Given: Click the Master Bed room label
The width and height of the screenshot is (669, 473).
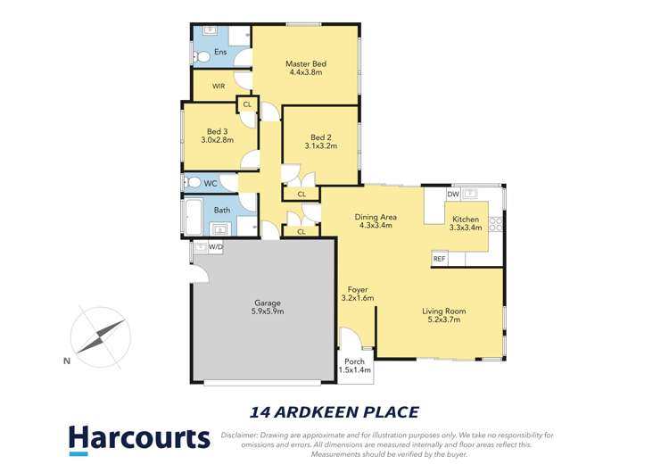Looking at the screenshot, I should coord(306,64).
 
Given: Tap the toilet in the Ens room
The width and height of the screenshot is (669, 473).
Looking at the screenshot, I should coord(202,56).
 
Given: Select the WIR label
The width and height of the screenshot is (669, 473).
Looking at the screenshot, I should coord(218,87).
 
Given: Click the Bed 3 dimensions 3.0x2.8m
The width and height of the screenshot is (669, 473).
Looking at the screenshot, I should coord(219,140).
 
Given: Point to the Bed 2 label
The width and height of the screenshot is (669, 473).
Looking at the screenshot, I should coord(321,136).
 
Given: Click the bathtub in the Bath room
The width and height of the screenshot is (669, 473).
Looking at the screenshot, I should coord(194,217).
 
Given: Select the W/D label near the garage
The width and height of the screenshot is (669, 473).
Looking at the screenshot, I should coord(216,247).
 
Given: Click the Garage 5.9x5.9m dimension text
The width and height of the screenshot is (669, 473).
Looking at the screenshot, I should coord(268,311).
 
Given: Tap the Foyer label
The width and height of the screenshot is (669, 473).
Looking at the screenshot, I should coord(357,289).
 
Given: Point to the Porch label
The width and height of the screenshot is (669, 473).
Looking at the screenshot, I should coord(356,361).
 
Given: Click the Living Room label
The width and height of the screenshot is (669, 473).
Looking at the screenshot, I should coord(444,311).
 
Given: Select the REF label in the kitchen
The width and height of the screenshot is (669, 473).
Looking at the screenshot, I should coord(439,259).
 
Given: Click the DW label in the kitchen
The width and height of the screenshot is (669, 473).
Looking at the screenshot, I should coord(453,194).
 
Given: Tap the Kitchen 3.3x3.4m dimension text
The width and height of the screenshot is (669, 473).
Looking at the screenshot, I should coord(466,228).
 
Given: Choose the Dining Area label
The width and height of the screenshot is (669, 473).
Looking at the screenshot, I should coord(376,217).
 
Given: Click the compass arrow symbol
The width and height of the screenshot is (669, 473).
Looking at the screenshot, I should coord(102,334).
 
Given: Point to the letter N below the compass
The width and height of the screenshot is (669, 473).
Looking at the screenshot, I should coord(66,361).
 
